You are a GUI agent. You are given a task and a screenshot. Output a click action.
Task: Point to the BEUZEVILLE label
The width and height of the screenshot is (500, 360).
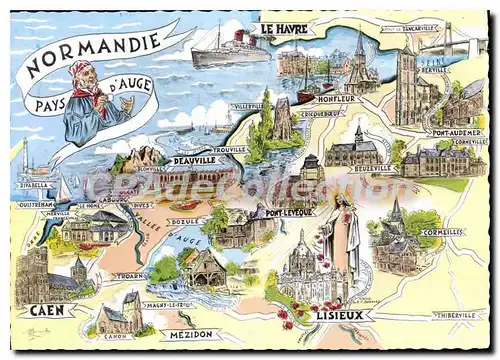(x=371, y=169)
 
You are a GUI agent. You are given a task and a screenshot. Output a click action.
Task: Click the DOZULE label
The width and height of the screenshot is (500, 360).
(x=183, y=221)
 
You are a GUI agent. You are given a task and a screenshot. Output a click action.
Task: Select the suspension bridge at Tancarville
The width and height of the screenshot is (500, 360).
(x=449, y=42)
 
